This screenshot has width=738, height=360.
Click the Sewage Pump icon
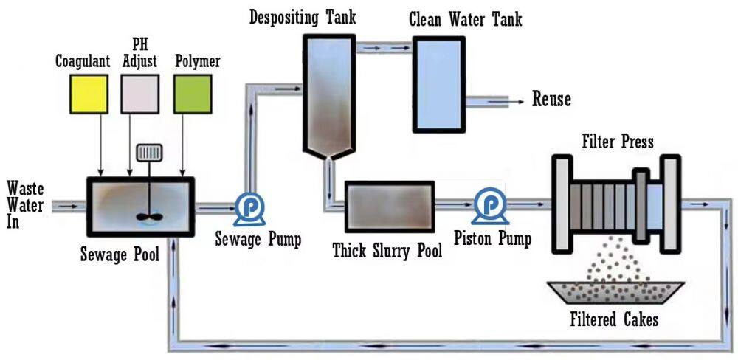[x=244, y=210]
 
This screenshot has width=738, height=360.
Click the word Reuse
[x=551, y=100]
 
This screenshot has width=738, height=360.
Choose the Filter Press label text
[x=618, y=141]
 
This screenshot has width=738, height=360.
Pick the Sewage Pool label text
[x=120, y=256]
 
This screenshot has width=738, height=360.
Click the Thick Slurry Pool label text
[x=387, y=251]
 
